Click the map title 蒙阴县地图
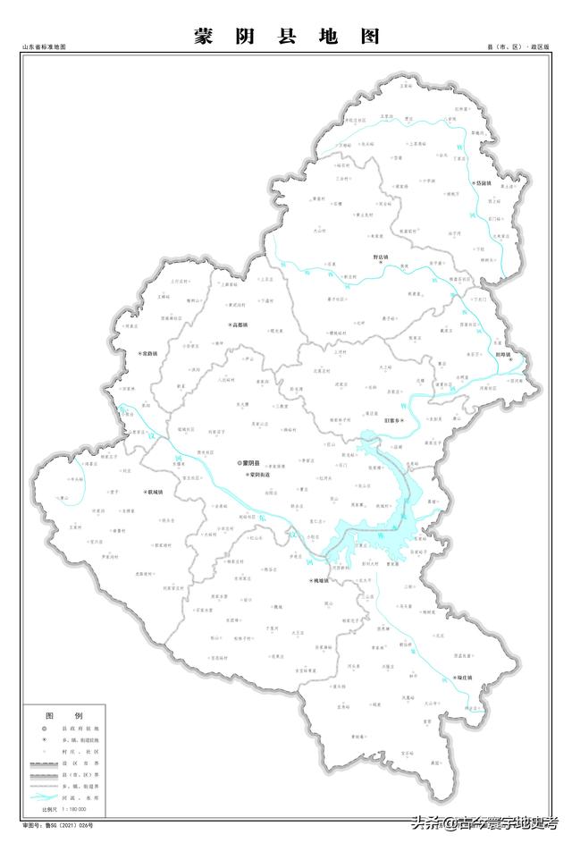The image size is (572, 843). (x=286, y=37)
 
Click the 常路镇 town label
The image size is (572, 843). (x=148, y=354)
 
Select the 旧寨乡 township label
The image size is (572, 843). (x=393, y=419)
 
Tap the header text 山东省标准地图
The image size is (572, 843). (x=45, y=46)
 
